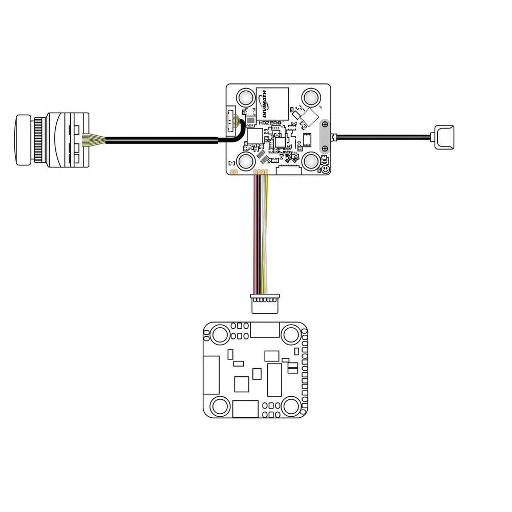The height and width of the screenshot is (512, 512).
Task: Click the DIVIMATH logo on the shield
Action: coord(265,104)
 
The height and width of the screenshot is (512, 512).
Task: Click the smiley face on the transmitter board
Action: coord(325,169)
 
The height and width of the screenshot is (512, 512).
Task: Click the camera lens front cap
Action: coord(22,140)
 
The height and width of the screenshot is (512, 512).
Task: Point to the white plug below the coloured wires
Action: coord(265,303)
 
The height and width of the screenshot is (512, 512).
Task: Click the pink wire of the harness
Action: coord(255,234)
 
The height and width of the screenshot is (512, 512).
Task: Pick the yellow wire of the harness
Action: coord(267,234)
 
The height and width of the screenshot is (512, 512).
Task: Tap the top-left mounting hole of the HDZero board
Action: coord(246,97)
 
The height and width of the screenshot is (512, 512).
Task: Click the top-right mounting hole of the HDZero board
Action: coord(311,97)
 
